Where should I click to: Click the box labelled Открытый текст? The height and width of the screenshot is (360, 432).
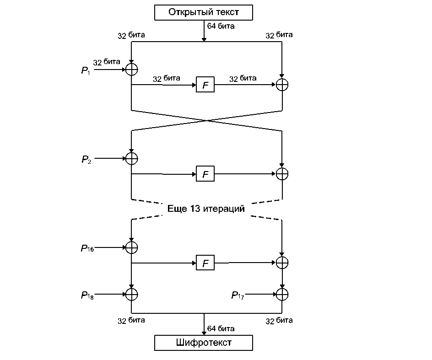click(x=204, y=12)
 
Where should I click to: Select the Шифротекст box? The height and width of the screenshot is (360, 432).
click(x=204, y=342)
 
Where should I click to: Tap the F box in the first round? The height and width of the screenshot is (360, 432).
click(x=205, y=85)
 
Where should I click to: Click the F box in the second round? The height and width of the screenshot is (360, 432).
click(x=205, y=174)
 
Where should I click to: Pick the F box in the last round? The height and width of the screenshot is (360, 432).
click(x=205, y=263)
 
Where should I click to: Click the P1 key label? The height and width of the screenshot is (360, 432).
click(x=86, y=70)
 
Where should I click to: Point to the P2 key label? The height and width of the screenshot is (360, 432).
click(x=86, y=159)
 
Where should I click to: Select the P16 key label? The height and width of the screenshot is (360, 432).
click(x=87, y=248)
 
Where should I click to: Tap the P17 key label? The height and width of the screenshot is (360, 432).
click(x=238, y=295)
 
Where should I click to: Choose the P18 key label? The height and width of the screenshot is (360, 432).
click(x=87, y=295)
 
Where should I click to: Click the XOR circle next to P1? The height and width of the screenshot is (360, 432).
click(x=132, y=69)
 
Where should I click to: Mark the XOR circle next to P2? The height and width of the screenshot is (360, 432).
click(x=132, y=158)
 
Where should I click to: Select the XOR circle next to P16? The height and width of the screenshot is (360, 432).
click(x=132, y=247)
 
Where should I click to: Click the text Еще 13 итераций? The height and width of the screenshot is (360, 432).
click(x=206, y=209)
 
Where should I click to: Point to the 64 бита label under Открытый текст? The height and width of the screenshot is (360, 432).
click(x=221, y=26)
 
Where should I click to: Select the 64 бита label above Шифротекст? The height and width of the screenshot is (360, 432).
click(x=221, y=328)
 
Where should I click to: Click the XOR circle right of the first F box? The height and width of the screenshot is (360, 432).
click(x=282, y=85)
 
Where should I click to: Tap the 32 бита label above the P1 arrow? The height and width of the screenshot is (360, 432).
click(x=107, y=62)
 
